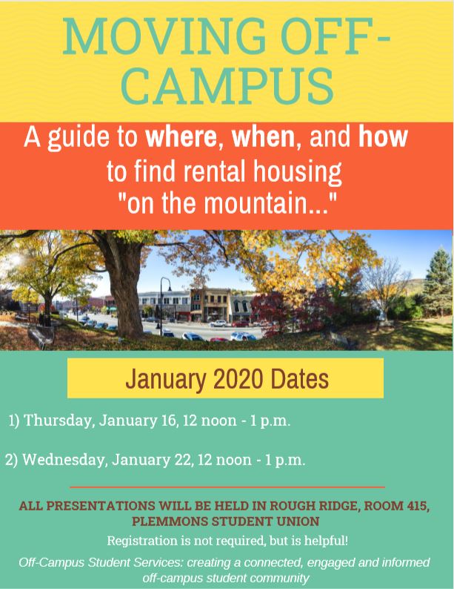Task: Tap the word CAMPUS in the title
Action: [227, 85]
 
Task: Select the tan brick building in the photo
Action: [211, 305]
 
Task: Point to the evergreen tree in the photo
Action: [438, 282]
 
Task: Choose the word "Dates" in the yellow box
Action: [299, 379]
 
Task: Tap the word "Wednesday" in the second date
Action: [64, 460]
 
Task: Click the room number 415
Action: [416, 506]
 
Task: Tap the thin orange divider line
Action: [227, 487]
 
